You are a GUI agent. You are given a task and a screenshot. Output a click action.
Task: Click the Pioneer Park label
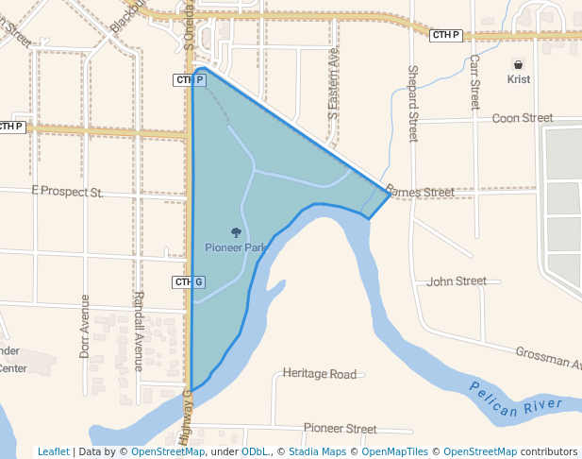tap(236, 247)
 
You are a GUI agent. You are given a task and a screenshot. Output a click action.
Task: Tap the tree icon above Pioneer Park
tap(236, 231)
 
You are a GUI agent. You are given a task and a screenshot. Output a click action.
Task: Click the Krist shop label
tap(518, 79)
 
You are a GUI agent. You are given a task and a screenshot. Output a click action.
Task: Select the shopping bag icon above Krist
tap(518, 64)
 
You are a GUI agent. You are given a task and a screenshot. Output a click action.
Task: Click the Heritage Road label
tap(320, 374)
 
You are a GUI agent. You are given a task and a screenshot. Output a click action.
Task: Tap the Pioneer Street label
tap(340, 428)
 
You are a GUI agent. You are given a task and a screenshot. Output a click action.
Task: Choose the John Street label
tap(457, 280)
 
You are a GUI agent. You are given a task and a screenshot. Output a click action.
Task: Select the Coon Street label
tap(523, 118)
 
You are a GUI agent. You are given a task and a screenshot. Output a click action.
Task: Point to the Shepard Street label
tap(412, 104)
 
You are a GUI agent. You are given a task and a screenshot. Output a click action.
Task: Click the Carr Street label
tap(475, 81)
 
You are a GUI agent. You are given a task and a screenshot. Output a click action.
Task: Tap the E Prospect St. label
tap(67, 191)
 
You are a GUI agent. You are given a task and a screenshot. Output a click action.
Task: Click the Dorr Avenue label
tap(85, 326)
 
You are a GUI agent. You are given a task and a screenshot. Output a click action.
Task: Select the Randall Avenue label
tap(138, 331)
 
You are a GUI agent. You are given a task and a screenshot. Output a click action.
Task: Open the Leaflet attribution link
tap(54, 451)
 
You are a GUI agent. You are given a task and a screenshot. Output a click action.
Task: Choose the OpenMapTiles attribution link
tap(395, 451)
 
